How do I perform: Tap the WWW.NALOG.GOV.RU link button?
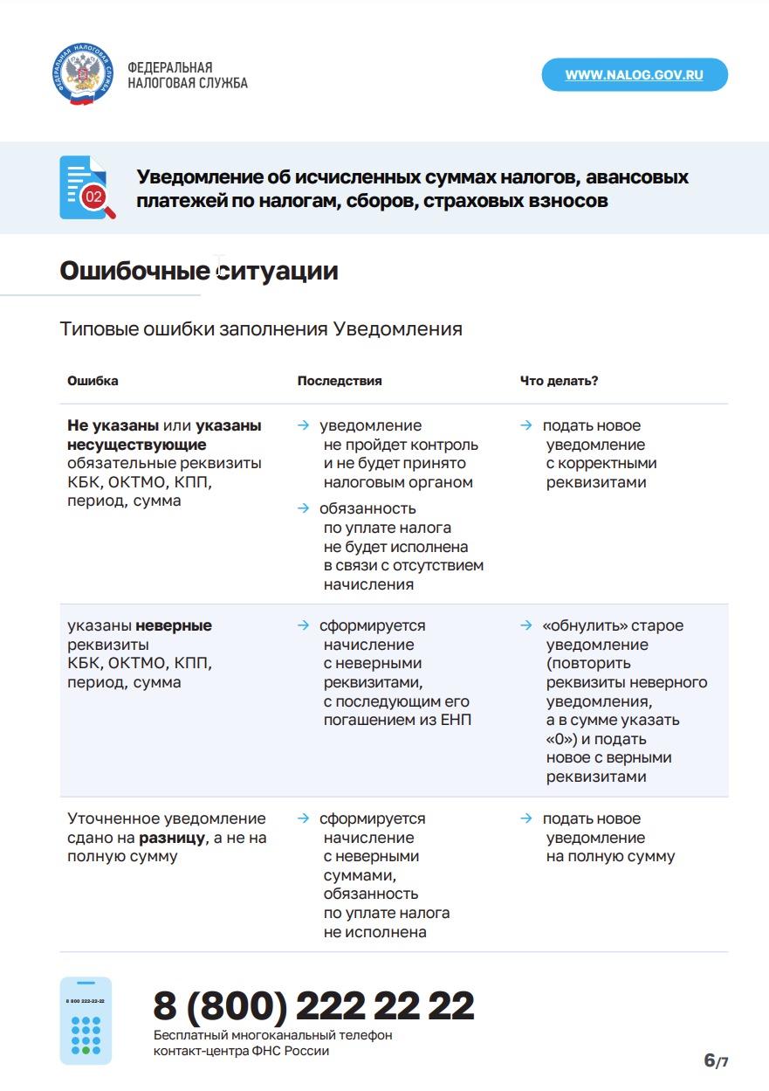point(635,75)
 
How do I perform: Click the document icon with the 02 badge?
point(85,187)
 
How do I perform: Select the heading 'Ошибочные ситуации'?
point(199,272)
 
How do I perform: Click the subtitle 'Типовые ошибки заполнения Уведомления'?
point(261,329)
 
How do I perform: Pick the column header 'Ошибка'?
point(93,382)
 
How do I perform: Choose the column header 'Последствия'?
point(340,382)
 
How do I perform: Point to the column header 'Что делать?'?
point(559,382)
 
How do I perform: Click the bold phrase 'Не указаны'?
point(113,426)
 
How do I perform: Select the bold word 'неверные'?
point(174,626)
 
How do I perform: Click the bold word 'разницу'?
point(171,838)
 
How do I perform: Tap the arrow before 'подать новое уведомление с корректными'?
point(526,426)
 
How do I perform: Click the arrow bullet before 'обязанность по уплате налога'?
point(303,508)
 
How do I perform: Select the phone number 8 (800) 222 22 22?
point(313,1006)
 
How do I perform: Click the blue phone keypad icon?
point(86,1021)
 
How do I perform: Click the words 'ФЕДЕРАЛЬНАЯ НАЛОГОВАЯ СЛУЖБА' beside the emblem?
point(188,75)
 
